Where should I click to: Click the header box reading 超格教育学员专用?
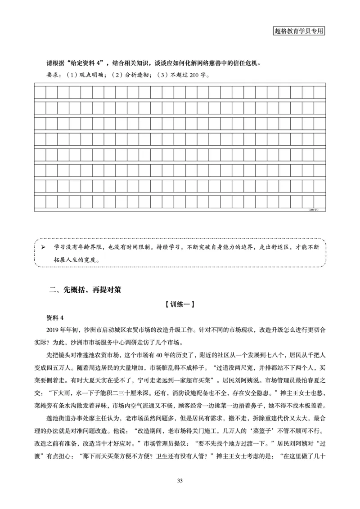(x=299, y=31)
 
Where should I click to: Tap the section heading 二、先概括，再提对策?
(x=85, y=290)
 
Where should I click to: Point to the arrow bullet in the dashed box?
(x=43, y=247)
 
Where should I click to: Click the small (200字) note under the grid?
(x=313, y=210)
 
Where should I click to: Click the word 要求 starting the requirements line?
(x=53, y=75)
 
